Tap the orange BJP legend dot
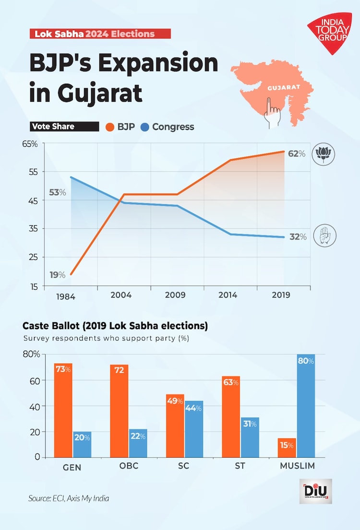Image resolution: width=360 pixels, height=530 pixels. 109,127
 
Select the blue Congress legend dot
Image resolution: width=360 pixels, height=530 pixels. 144,127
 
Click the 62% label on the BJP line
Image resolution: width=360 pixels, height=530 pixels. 296,154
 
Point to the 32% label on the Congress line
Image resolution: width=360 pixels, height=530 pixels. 298,236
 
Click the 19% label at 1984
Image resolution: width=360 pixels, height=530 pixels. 58,275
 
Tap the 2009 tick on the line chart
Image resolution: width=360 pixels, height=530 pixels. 175,295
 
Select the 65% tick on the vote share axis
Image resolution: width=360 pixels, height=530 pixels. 30,144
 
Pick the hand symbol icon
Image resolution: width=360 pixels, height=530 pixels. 324,236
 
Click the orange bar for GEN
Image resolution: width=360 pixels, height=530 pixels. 63,410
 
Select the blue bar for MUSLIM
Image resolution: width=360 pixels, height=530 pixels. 306,406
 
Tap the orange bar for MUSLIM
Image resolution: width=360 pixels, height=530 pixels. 287,448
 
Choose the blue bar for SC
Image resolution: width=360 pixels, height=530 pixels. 193,429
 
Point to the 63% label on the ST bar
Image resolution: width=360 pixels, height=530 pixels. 231,383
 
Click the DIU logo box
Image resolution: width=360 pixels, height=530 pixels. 315,491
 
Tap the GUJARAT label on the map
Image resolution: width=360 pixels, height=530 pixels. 283,88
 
